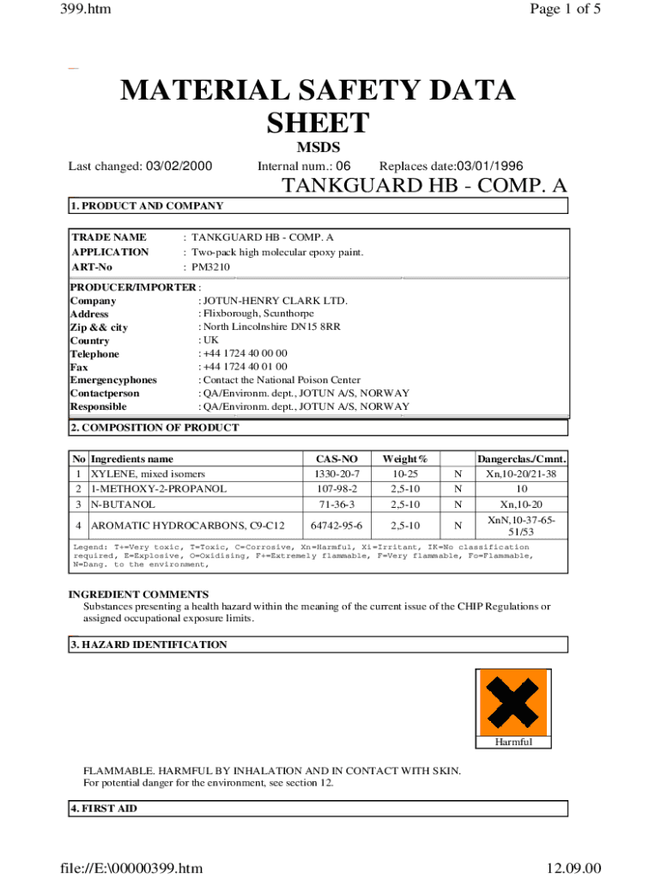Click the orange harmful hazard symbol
[512, 702]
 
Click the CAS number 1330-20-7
[338, 474]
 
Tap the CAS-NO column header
[338, 460]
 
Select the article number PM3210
[210, 267]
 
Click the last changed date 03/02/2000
[178, 166]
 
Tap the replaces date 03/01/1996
[490, 166]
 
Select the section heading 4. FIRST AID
[103, 809]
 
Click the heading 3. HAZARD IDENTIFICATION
[149, 645]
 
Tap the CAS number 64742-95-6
[338, 525]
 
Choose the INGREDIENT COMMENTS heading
[138, 594]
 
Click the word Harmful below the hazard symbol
[513, 742]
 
